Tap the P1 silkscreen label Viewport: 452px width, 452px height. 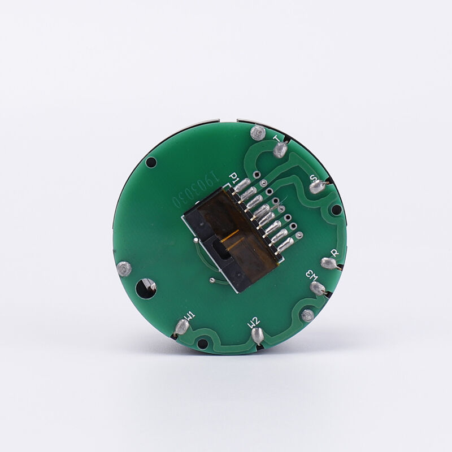[232, 179]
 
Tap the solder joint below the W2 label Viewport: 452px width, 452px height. [258, 337]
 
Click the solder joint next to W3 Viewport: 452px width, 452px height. [318, 288]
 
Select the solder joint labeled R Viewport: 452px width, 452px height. [329, 263]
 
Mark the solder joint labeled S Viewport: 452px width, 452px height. [318, 186]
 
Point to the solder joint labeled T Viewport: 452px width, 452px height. [280, 150]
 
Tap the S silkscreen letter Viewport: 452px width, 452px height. [314, 177]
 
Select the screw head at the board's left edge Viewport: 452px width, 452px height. [124, 269]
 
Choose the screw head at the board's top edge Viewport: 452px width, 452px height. [258, 133]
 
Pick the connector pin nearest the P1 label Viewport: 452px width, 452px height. [241, 185]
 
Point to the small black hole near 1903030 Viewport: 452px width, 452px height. [151, 163]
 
